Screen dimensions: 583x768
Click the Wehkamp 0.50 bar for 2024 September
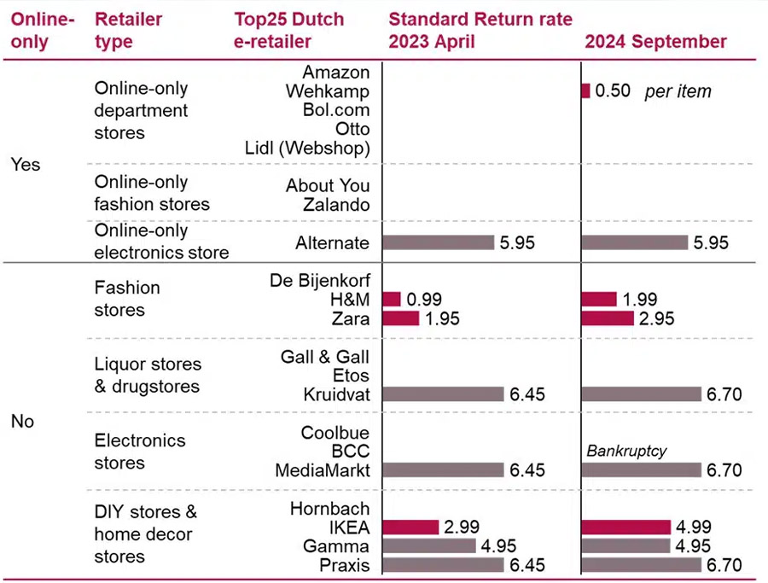(585, 91)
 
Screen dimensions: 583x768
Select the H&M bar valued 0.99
(392, 299)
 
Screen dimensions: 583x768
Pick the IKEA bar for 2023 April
(410, 528)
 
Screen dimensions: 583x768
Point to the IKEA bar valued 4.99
(626, 528)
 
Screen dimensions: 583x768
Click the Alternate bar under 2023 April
(439, 242)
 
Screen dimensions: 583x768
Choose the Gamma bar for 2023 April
(429, 546)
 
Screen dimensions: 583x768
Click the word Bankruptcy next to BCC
(626, 450)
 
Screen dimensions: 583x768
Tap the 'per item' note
(678, 91)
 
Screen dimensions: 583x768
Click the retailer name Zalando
(336, 205)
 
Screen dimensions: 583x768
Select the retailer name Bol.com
(336, 110)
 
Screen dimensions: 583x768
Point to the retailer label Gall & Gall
(325, 357)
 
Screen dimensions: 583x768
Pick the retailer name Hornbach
(331, 509)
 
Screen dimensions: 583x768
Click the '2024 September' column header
(655, 41)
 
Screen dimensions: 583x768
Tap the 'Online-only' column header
(39, 30)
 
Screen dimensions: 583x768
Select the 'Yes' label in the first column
(26, 164)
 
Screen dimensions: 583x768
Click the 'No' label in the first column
(23, 422)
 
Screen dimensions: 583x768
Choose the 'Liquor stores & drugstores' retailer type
(148, 376)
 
